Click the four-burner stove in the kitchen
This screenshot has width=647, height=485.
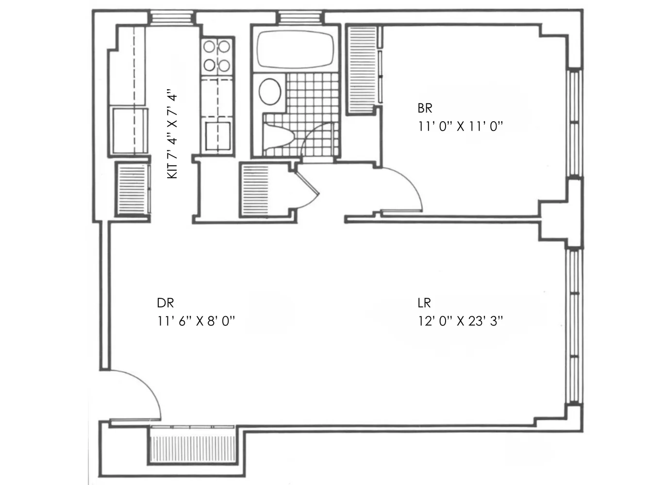pos(216,55)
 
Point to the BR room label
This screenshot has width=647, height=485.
pos(425,108)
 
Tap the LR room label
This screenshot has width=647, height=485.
pos(424,303)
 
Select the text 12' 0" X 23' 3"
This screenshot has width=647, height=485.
pos(460,321)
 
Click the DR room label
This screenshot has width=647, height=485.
pos(165,303)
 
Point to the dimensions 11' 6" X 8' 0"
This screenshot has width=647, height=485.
pos(196,321)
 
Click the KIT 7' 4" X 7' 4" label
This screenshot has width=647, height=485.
pos(173,134)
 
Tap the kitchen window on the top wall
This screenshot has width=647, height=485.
pos(165,17)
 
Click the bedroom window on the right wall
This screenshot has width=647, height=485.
pos(575,123)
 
